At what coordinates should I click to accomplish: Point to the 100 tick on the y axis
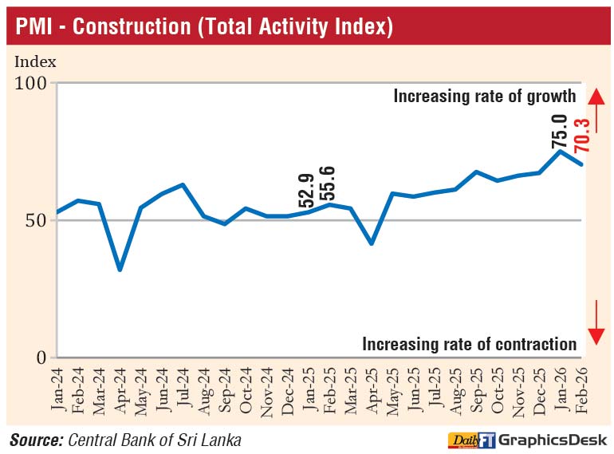[x=32, y=83]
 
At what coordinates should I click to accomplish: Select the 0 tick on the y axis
[x=42, y=357]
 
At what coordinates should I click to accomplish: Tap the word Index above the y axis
[x=35, y=61]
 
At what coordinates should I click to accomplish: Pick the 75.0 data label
[x=560, y=131]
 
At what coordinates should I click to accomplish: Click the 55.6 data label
[x=328, y=184]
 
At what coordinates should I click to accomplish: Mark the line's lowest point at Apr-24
[x=120, y=270]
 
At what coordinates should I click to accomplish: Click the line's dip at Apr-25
[x=372, y=243]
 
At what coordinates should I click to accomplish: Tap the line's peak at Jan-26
[x=561, y=151]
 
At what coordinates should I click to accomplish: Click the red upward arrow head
[x=594, y=96]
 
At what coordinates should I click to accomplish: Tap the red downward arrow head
[x=594, y=336]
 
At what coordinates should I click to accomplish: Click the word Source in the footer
[x=36, y=440]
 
